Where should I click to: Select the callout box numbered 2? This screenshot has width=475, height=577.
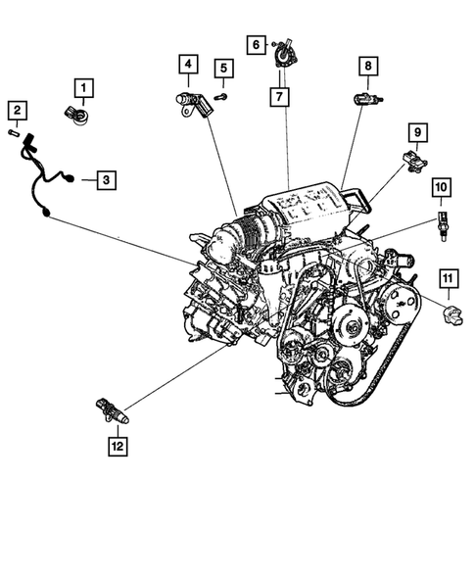(18, 110)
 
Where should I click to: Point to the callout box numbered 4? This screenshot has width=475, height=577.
(186, 66)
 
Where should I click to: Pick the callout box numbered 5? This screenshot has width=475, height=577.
(224, 68)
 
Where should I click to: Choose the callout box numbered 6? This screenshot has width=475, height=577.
(256, 44)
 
